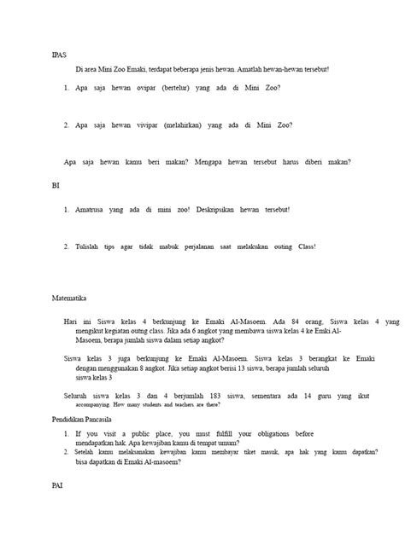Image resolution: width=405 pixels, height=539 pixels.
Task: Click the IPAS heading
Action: coord(58,54)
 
